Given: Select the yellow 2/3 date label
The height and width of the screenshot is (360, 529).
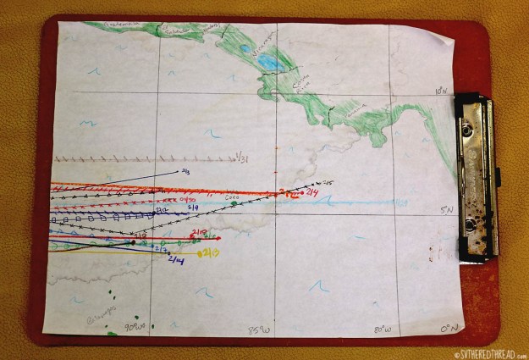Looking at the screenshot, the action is [208, 252].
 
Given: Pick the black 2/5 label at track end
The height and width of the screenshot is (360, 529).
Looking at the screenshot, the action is [328, 182].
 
